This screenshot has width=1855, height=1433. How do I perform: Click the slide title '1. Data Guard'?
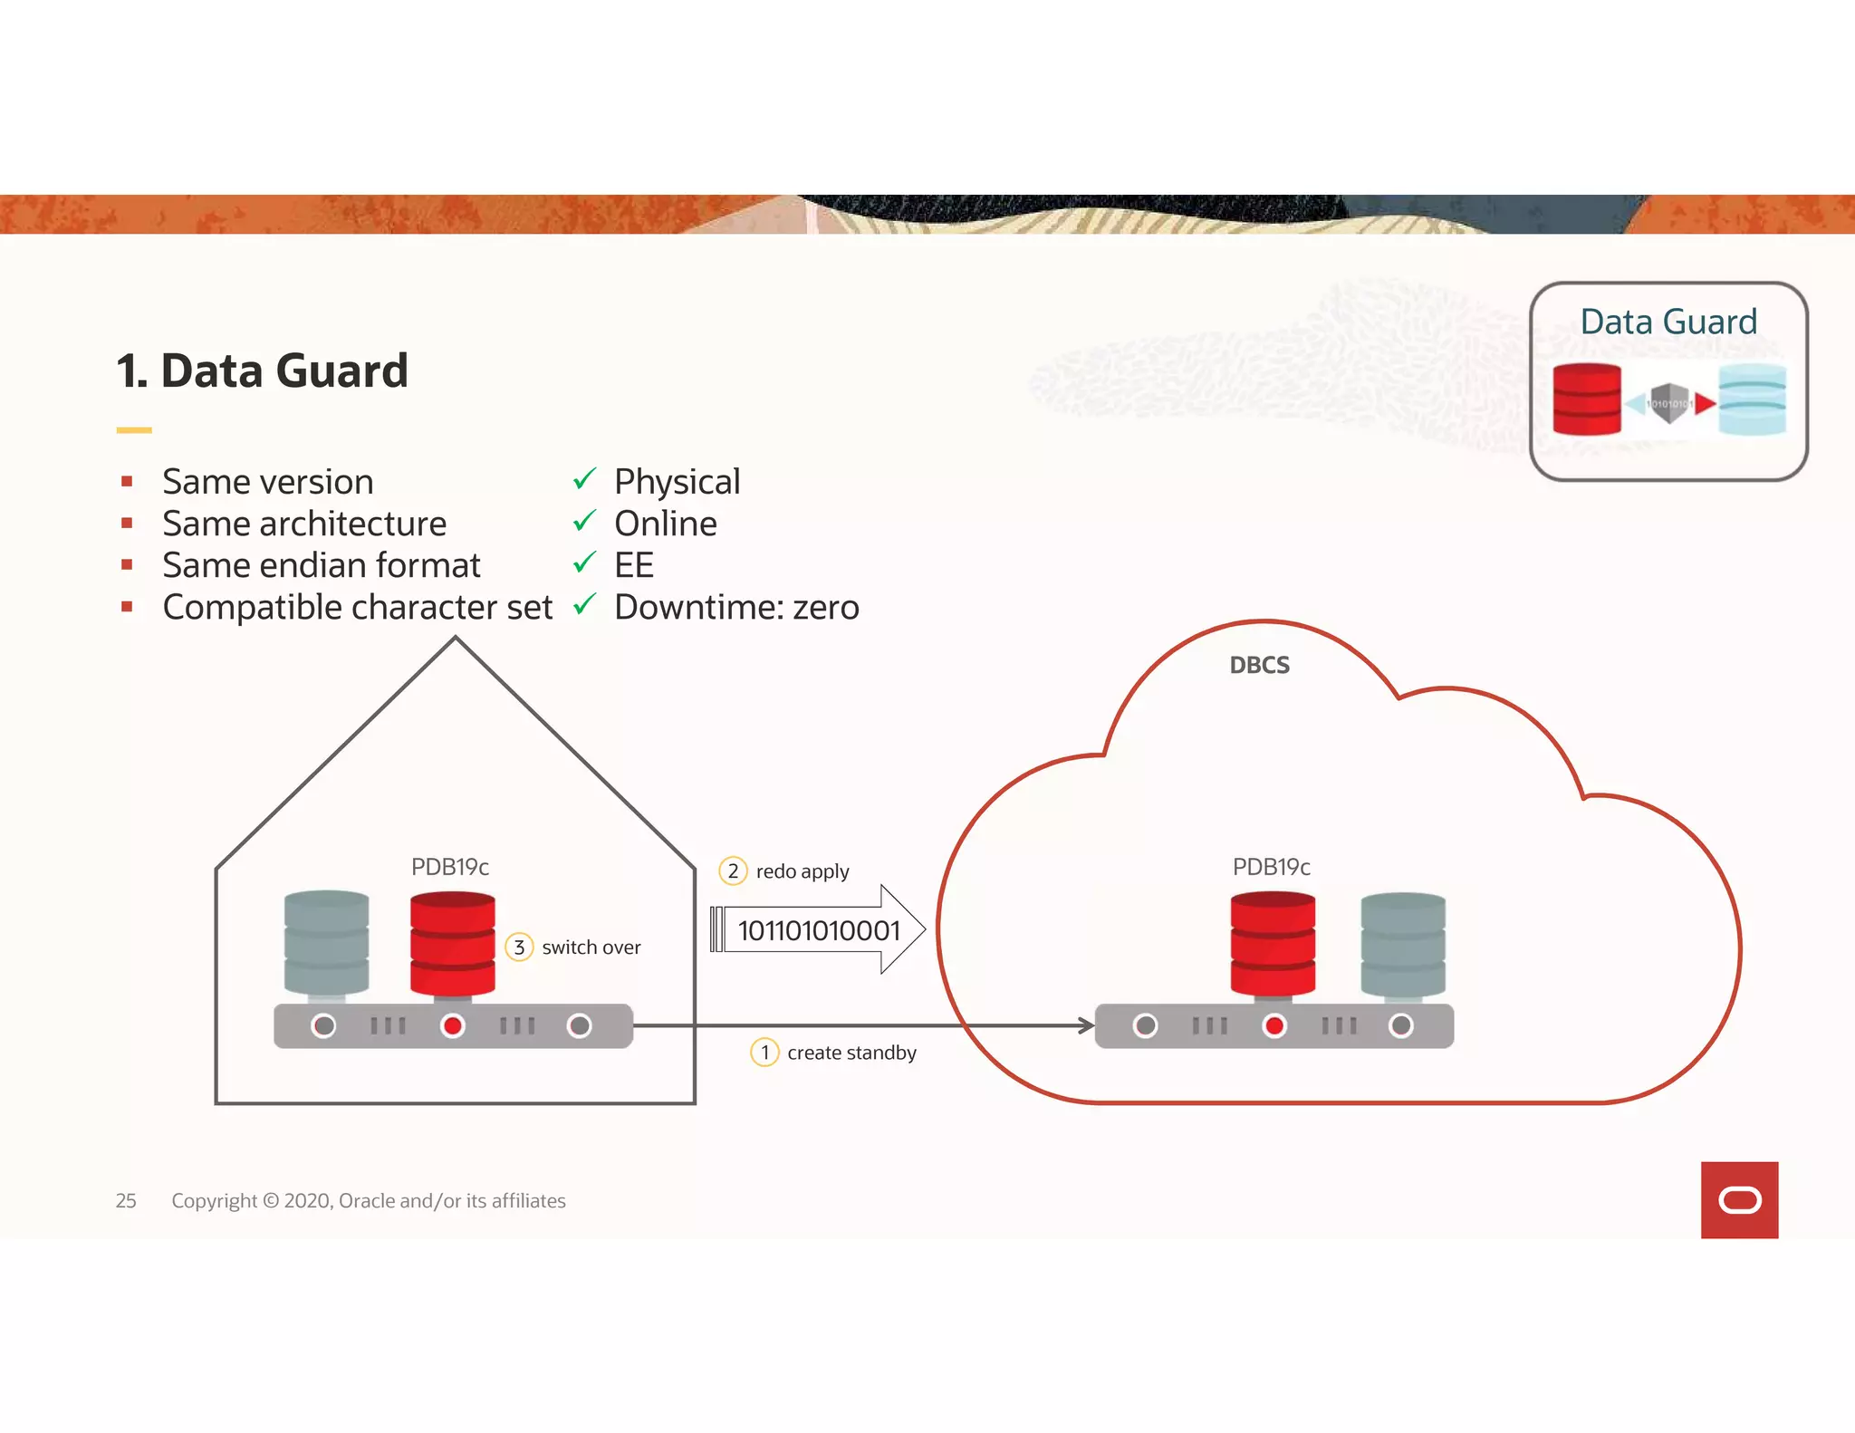(x=262, y=371)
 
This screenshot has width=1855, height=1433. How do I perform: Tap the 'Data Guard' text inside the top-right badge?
(x=1668, y=322)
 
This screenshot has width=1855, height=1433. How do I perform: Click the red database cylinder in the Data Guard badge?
(x=1587, y=399)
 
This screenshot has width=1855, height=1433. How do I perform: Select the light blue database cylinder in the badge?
(x=1752, y=399)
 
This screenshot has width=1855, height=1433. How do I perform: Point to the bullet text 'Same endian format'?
(x=322, y=565)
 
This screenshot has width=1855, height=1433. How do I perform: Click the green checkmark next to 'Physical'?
(x=585, y=478)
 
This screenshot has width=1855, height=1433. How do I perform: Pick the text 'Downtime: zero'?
(x=736, y=607)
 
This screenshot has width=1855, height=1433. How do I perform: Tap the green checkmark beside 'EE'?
(x=585, y=563)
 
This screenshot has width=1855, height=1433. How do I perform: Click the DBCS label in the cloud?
(x=1259, y=665)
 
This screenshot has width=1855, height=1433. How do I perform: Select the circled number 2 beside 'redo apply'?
(x=733, y=870)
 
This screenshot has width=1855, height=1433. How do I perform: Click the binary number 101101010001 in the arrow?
(x=819, y=930)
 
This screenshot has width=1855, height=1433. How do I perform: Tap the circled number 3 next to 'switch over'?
(x=519, y=947)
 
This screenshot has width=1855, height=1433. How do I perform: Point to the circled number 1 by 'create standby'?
(x=765, y=1052)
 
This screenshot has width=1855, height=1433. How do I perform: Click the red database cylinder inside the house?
(x=452, y=944)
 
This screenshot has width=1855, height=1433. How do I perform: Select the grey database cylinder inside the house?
(x=326, y=943)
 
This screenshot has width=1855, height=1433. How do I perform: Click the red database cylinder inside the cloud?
(x=1273, y=944)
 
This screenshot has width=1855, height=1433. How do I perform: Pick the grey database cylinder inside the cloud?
(x=1403, y=944)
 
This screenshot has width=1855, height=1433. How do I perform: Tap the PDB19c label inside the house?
(x=450, y=867)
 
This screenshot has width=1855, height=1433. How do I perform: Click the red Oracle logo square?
(x=1739, y=1199)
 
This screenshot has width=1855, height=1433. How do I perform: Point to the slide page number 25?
(x=126, y=1200)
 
